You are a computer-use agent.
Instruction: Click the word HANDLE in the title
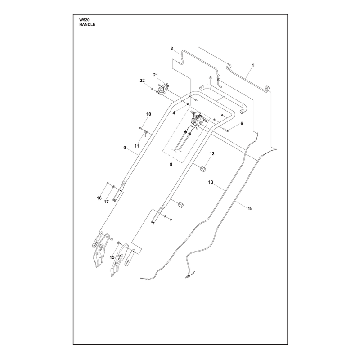[x=87, y=25]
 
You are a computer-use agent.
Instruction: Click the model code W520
[x=84, y=20]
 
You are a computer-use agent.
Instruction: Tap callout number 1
[x=253, y=65]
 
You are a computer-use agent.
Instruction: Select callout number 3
[x=172, y=49]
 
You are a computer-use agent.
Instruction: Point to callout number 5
[x=211, y=78]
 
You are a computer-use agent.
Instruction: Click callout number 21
[x=156, y=75]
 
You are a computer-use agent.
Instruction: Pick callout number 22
[x=142, y=81]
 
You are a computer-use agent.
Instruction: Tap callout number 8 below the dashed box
[x=171, y=164]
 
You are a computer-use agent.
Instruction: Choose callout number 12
[x=212, y=153]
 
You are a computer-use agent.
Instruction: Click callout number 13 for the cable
[x=211, y=182]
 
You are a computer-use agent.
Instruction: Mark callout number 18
[x=250, y=208]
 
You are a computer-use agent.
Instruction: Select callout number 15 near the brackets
[x=112, y=257]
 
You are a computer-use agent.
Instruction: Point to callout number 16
[x=99, y=198]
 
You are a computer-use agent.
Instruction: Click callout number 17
[x=106, y=202]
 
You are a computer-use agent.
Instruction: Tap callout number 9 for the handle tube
[x=125, y=148]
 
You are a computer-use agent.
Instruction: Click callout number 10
[x=149, y=114]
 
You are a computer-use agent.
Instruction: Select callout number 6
[x=242, y=123]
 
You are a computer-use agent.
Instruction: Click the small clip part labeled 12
[x=202, y=169]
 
